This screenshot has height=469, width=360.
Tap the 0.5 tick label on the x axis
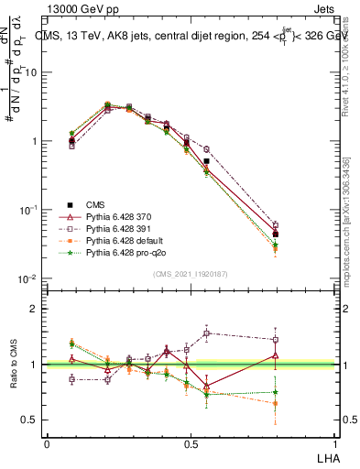(x=191, y=442)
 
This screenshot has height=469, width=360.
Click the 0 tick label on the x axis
(x=47, y=442)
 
